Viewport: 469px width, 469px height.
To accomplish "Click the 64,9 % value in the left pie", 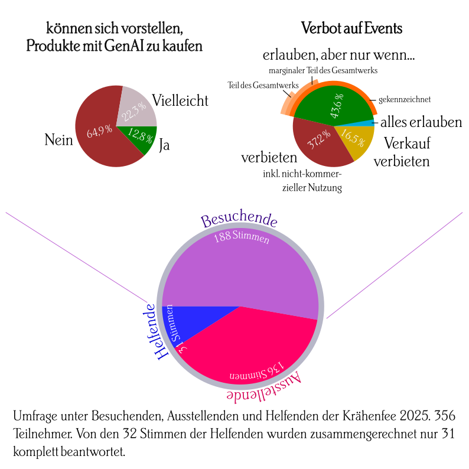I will click(x=99, y=132).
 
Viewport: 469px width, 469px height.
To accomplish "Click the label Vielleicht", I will click(x=180, y=100).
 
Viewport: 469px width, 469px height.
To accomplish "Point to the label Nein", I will click(x=58, y=140).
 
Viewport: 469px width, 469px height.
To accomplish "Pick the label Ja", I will click(x=165, y=145).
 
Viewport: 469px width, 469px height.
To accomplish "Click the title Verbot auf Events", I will click(x=351, y=28).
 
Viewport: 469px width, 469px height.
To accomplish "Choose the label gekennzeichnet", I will click(x=405, y=99).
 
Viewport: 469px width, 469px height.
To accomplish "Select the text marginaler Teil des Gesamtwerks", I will click(x=323, y=70).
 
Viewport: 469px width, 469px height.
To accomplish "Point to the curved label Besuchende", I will click(x=239, y=220).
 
